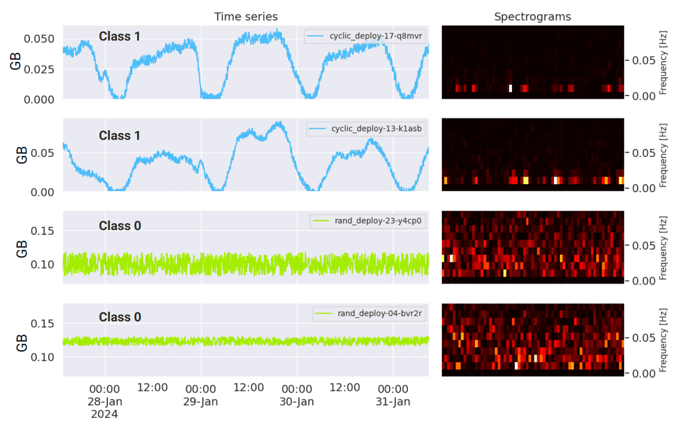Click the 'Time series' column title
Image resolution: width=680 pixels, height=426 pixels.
(246, 17)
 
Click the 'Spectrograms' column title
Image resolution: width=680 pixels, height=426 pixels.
(532, 17)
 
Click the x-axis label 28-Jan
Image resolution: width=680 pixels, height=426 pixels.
(105, 401)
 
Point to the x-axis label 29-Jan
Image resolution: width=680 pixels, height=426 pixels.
(201, 401)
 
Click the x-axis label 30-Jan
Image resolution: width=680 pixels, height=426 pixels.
(297, 401)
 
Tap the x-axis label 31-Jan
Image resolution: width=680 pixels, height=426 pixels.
(393, 401)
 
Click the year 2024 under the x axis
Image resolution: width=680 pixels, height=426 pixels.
(105, 414)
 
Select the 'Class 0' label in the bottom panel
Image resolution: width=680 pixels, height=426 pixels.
(120, 317)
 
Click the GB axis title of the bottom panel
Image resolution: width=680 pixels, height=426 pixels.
(21, 340)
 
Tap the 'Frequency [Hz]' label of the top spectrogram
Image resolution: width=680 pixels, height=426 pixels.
(664, 62)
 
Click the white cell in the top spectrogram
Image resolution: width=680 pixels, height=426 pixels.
(510, 88)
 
